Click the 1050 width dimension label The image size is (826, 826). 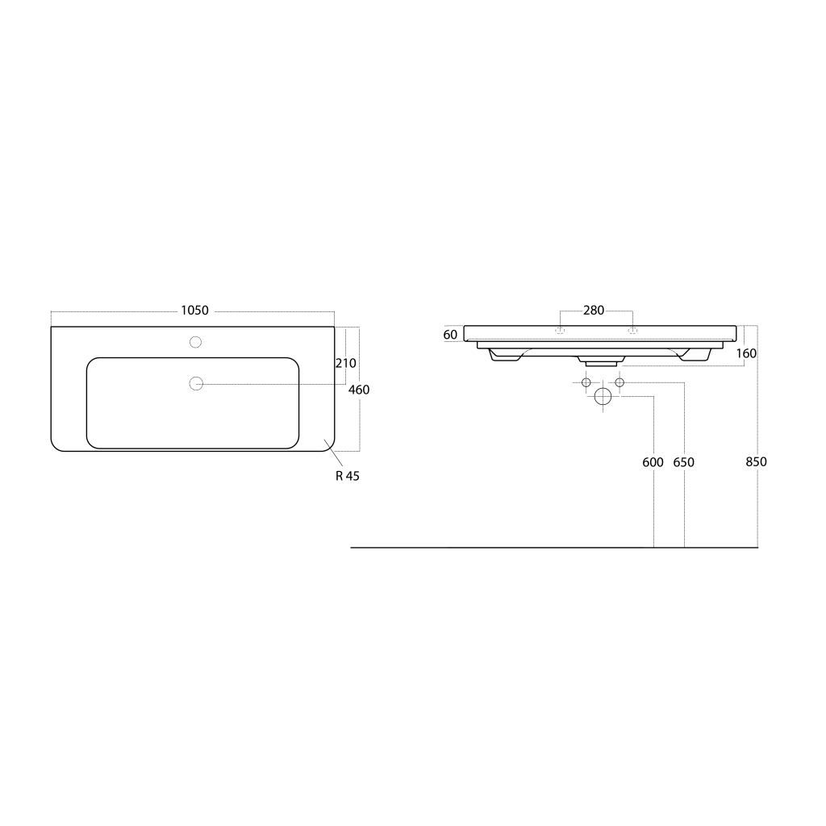[195, 311]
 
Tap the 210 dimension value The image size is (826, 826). [345, 364]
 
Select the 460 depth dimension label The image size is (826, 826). [359, 390]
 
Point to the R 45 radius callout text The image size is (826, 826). [348, 476]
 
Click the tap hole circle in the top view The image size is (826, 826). [195, 342]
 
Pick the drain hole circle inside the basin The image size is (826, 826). [196, 383]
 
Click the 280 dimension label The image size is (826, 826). [594, 311]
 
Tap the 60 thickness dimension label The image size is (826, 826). [450, 335]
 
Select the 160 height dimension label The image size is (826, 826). [746, 353]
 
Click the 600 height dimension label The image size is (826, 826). [653, 462]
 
